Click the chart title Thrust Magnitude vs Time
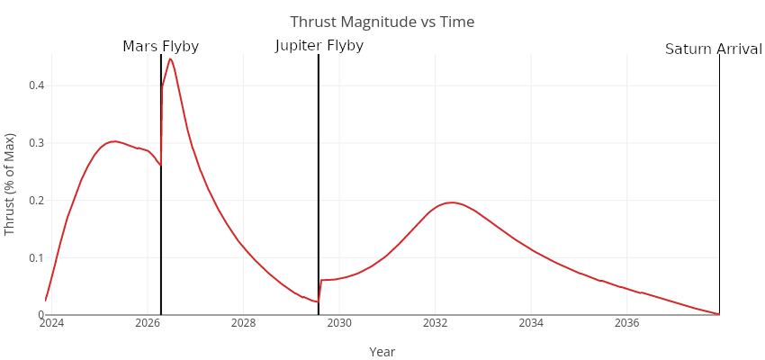pyautogui.click(x=382, y=22)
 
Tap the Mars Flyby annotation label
pyautogui.click(x=160, y=47)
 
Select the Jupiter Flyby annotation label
pyautogui.click(x=319, y=46)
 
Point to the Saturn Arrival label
pyautogui.click(x=713, y=49)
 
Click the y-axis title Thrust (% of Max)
pyautogui.click(x=11, y=184)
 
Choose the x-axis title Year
pyautogui.click(x=382, y=352)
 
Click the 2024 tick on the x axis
pyautogui.click(x=51, y=323)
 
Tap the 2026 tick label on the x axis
pyautogui.click(x=148, y=323)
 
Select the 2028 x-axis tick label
pyautogui.click(x=243, y=323)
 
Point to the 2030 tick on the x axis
pyautogui.click(x=339, y=323)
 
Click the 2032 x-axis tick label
pyautogui.click(x=436, y=323)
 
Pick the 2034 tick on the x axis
pyautogui.click(x=531, y=323)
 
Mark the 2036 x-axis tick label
pyautogui.click(x=627, y=323)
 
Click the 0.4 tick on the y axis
pyautogui.click(x=36, y=85)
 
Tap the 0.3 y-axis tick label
pyautogui.click(x=36, y=143)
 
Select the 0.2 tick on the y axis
pyautogui.click(x=36, y=200)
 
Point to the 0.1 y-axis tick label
pyautogui.click(x=36, y=257)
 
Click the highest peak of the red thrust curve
pyautogui.click(x=170, y=58)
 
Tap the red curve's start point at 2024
pyautogui.click(x=46, y=301)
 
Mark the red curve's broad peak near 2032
pyautogui.click(x=452, y=202)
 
